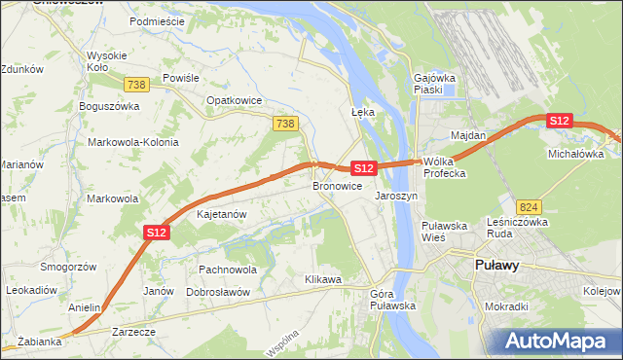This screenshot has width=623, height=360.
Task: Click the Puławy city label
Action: pyautogui.click(x=495, y=265)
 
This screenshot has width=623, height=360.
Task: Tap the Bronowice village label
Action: pyautogui.click(x=337, y=186)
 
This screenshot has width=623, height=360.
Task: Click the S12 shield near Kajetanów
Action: pyautogui.click(x=158, y=232)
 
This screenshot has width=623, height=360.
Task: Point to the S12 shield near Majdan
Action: pyautogui.click(x=558, y=121)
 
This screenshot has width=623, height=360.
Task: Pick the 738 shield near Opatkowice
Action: pyautogui.click(x=285, y=123)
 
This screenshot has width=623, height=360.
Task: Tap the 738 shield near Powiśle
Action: pyautogui.click(x=136, y=85)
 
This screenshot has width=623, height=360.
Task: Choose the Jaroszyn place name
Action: pyautogui.click(x=396, y=196)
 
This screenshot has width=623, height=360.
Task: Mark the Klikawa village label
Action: pyautogui.click(x=323, y=280)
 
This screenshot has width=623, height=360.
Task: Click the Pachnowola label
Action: pyautogui.click(x=227, y=270)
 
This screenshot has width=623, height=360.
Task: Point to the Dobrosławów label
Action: pyautogui.click(x=219, y=292)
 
